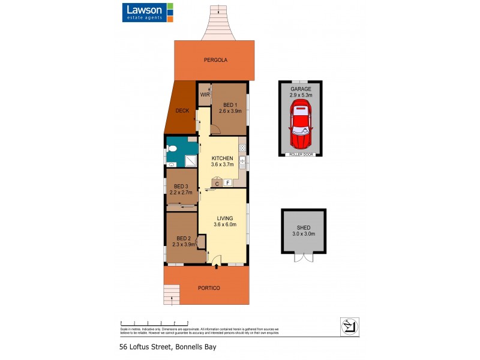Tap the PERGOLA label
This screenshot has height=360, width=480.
click(215, 60)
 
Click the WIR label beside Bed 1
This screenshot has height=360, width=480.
click(204, 95)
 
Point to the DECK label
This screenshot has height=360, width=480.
click(182, 111)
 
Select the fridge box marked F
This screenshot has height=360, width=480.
click(228, 183)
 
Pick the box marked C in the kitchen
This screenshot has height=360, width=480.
click(217, 183)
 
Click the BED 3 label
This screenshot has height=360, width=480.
click(181, 186)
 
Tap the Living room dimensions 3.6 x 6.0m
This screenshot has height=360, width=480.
click(225, 225)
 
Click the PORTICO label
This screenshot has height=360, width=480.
click(209, 288)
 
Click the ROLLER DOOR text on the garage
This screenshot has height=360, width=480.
click(300, 154)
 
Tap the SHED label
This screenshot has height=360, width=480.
click(304, 228)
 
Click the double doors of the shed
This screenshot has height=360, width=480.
click(304, 257)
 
